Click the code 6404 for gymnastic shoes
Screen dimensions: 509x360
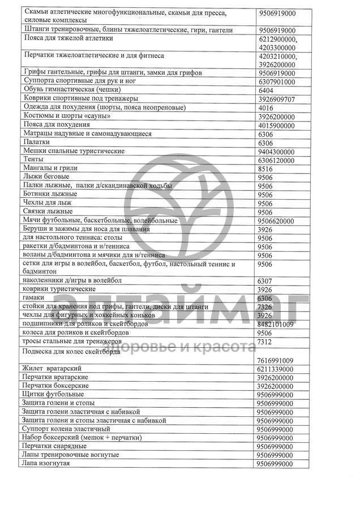point(266,90)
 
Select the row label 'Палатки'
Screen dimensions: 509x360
point(37,143)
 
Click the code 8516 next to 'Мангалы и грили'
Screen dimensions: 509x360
point(265,169)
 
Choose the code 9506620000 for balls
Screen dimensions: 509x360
point(276,221)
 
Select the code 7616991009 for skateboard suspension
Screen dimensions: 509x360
point(276,361)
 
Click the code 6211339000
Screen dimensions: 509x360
point(276,369)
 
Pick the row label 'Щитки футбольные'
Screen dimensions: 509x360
point(53,394)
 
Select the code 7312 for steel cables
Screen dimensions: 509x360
point(265,342)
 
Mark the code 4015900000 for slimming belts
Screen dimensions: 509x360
point(276,126)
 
